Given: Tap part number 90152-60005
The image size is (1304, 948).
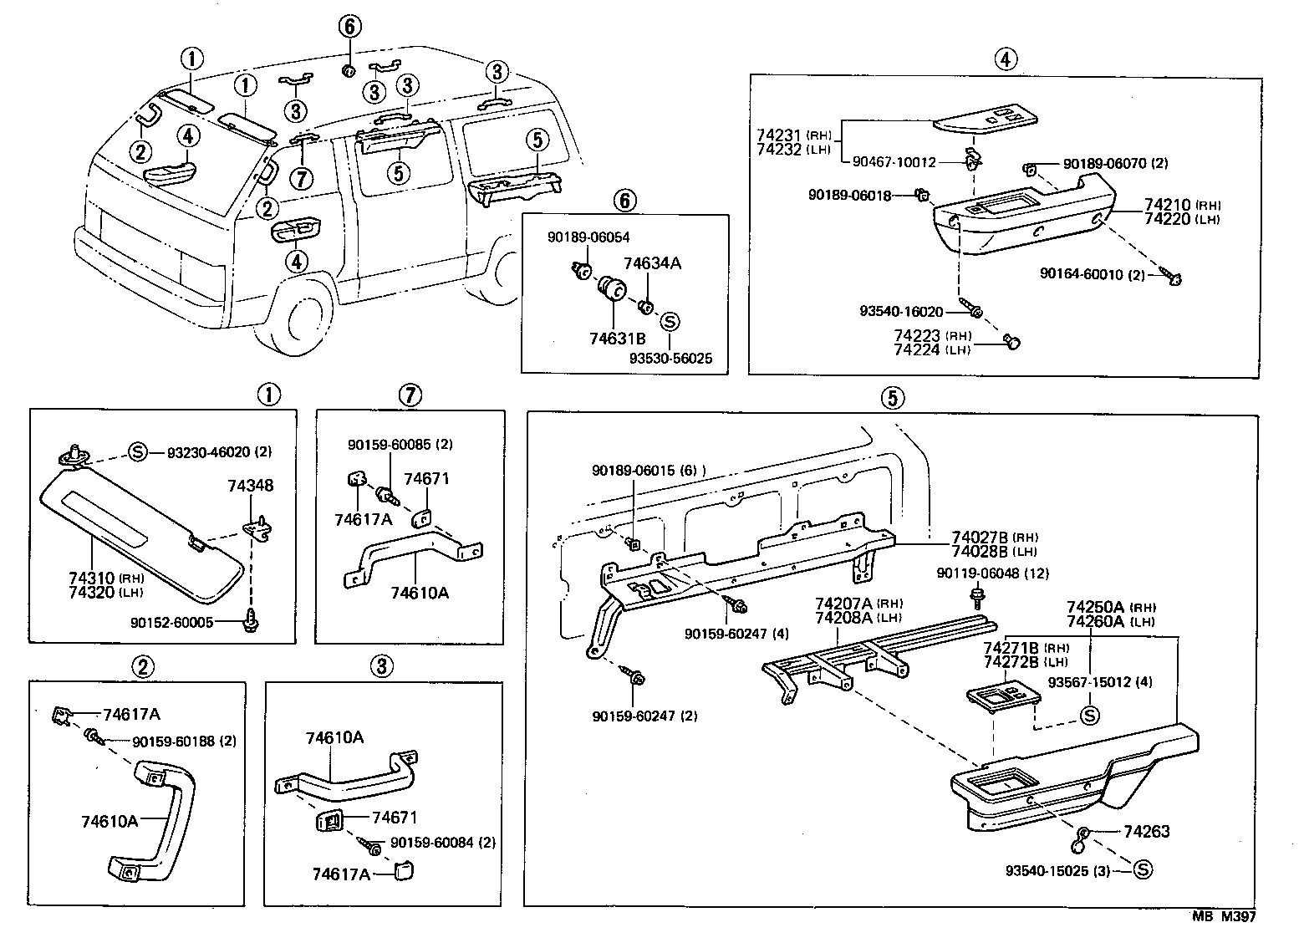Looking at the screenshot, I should pyautogui.click(x=171, y=622).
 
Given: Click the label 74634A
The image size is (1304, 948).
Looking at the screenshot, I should pyautogui.click(x=652, y=263).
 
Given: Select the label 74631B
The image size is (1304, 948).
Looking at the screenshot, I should pyautogui.click(x=617, y=338).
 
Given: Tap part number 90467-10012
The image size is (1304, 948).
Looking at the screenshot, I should pyautogui.click(x=894, y=162).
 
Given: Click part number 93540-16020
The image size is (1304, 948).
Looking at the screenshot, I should pyautogui.click(x=901, y=312).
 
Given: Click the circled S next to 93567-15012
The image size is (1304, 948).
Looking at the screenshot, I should pyautogui.click(x=1089, y=715).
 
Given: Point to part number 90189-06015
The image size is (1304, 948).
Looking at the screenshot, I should pyautogui.click(x=634, y=471).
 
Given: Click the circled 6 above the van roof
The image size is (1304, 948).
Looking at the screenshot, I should pyautogui.click(x=349, y=27).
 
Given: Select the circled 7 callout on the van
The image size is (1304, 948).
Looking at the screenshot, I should pyautogui.click(x=302, y=176).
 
